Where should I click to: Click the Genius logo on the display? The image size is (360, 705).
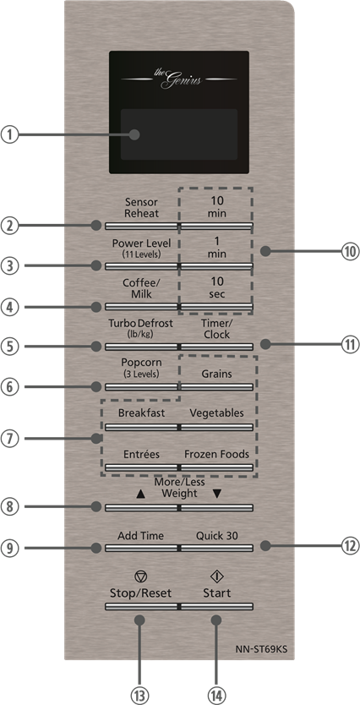coord(179,79)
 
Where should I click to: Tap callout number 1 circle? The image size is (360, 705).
coord(9,135)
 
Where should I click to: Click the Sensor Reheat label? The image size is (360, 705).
coord(142,207)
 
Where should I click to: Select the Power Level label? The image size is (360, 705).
coord(142,248)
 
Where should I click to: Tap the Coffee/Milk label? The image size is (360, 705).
coord(142,288)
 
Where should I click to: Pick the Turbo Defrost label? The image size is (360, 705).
coord(140,328)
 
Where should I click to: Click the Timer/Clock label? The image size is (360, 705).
coord(216,328)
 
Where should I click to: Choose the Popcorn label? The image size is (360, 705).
coord(142,368)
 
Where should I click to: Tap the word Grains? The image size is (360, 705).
coord(216,374)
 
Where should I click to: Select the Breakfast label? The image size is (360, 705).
coord(142,413)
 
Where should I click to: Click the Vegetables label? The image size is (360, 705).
coord(216,413)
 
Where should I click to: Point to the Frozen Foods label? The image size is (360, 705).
coord(216,454)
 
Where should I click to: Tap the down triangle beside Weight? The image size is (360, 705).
coord(217,494)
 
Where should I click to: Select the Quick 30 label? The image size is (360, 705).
coord(216,536)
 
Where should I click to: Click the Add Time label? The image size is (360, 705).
coord(140,536)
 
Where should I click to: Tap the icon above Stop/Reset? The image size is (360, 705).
coord(140,577)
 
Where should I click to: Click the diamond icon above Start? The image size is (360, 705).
coord(216,577)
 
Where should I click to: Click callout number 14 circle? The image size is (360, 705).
coord(216,696)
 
